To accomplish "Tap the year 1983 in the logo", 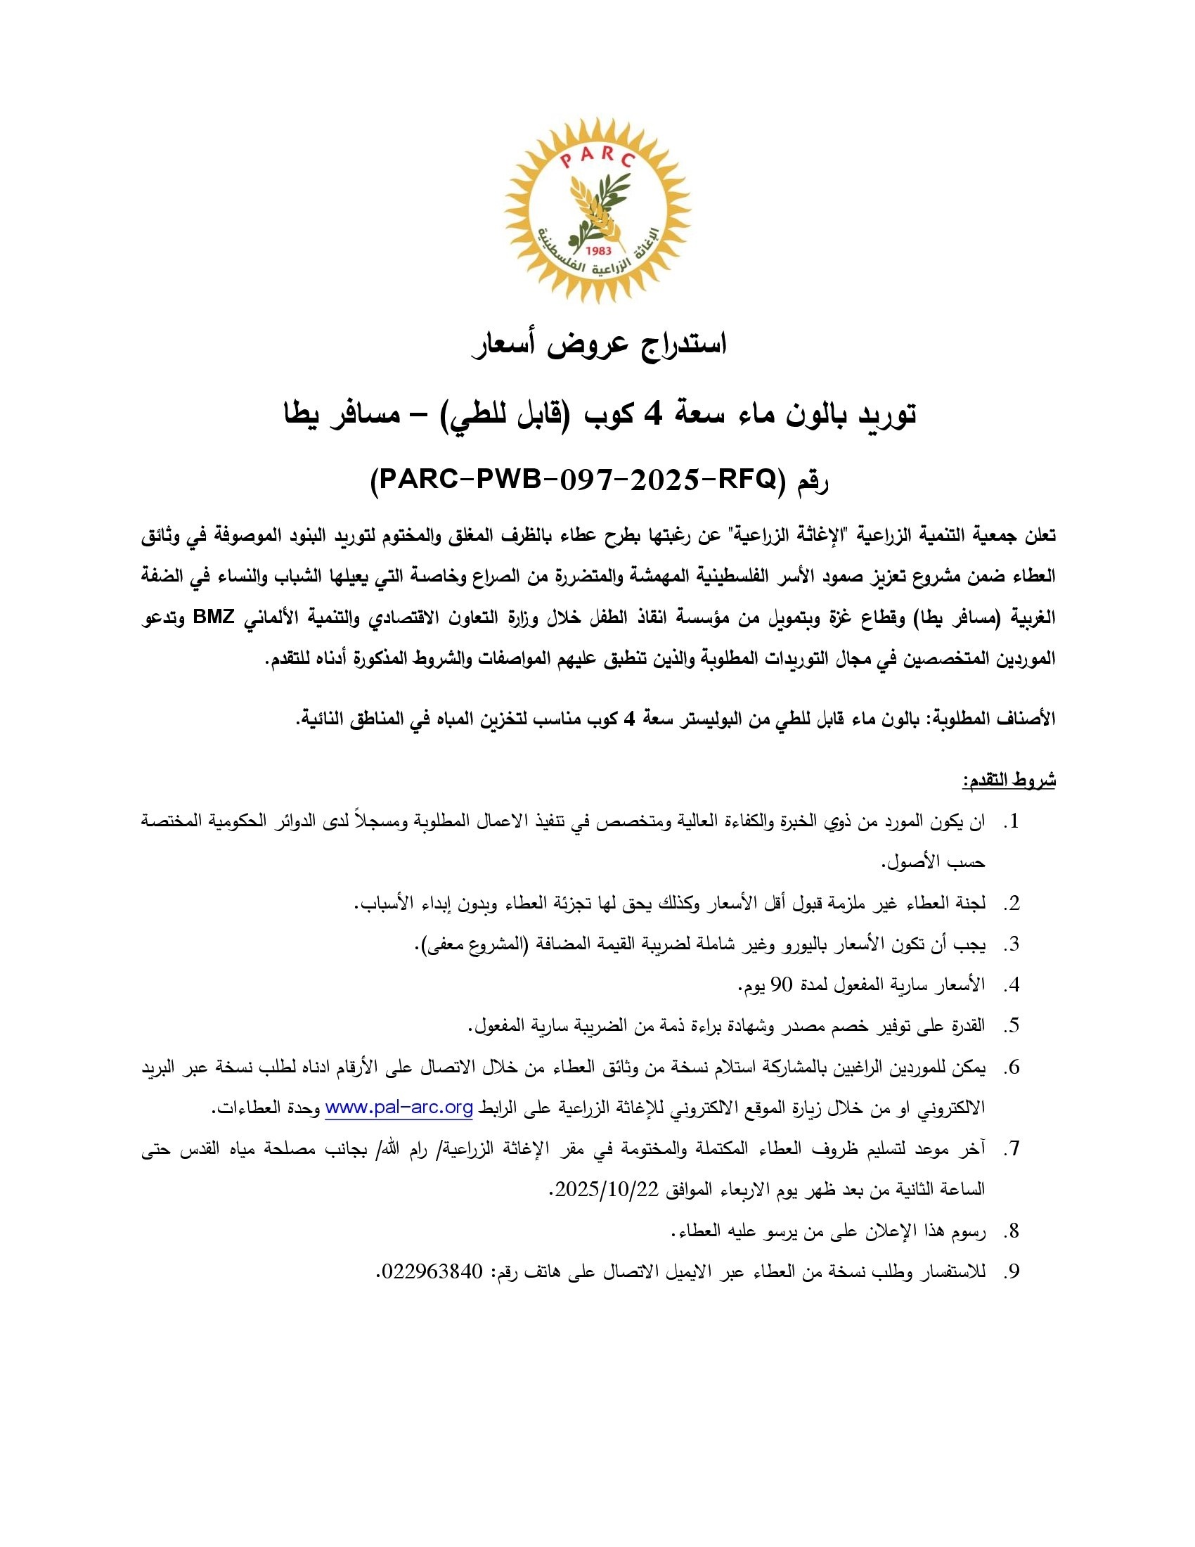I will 598,251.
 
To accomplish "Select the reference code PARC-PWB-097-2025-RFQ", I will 574,482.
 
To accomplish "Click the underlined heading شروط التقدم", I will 1008,781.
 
